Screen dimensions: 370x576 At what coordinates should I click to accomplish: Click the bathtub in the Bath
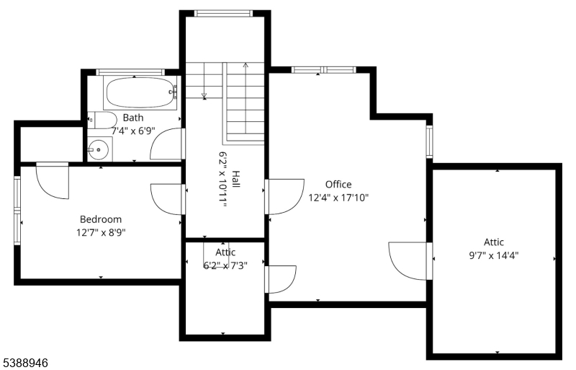(140, 93)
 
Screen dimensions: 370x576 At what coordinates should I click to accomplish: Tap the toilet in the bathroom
(101, 120)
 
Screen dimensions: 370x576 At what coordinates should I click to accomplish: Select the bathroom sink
(97, 150)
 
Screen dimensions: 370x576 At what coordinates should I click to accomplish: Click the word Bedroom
(100, 219)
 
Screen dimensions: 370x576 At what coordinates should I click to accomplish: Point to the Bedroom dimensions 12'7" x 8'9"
(100, 232)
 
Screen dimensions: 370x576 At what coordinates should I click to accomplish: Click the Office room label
(338, 184)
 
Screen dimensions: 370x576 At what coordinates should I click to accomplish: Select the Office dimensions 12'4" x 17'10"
(338, 197)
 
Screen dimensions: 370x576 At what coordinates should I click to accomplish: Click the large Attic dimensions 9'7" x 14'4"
(494, 255)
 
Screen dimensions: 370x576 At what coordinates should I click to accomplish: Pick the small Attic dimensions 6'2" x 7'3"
(225, 265)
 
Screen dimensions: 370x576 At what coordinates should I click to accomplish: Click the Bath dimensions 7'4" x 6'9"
(133, 131)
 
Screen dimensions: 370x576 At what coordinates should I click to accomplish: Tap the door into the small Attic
(281, 278)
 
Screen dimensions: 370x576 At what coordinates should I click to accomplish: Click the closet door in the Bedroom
(52, 180)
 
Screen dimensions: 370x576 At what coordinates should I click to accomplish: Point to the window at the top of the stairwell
(224, 13)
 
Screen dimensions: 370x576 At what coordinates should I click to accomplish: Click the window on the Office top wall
(323, 70)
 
